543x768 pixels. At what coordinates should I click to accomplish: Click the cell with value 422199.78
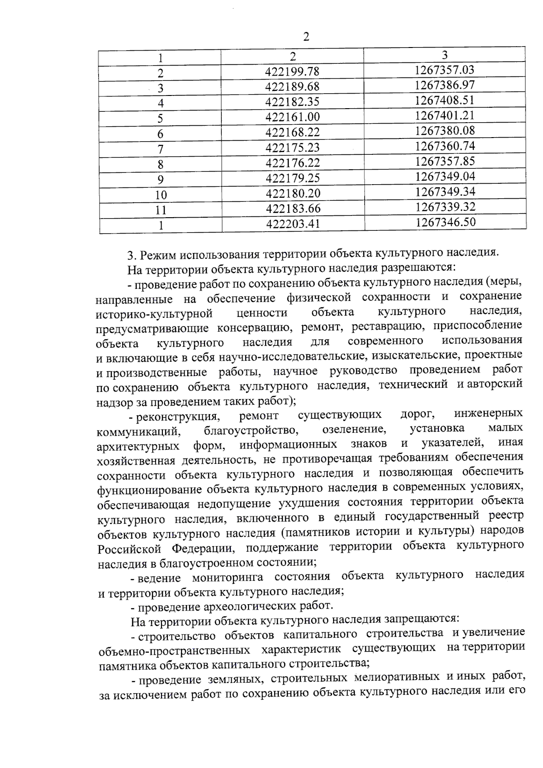point(292,72)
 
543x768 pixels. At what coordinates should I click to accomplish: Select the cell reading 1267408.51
point(445,100)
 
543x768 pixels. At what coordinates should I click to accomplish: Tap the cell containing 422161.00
point(292,117)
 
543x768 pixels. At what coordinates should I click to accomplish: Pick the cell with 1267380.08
point(445,130)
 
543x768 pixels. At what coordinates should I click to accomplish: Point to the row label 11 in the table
point(161,210)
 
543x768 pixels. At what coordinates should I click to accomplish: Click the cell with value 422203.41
point(293,224)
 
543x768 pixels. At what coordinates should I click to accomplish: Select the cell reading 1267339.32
point(445,207)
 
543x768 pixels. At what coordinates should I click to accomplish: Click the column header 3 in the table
point(445,55)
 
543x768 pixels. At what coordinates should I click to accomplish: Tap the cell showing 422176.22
point(293,163)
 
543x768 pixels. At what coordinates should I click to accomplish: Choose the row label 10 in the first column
point(161,195)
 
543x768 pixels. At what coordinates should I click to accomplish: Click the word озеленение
point(354,429)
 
